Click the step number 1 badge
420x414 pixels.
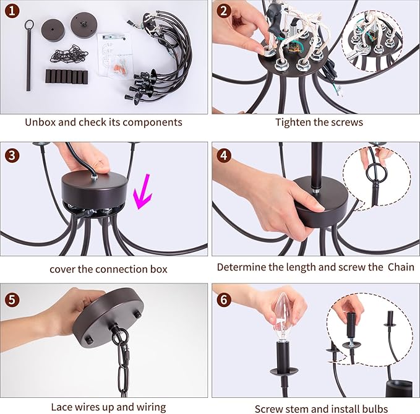coord(12,11)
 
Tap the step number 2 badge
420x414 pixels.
coord(224,11)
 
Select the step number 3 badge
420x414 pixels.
coord(12,156)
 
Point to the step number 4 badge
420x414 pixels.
coord(224,156)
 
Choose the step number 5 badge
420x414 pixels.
coord(12,300)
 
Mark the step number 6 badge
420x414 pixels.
coord(224,300)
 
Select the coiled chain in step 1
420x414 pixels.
coord(69,54)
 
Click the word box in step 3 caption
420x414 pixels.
coord(158,269)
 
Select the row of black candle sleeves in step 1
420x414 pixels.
coord(66,76)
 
